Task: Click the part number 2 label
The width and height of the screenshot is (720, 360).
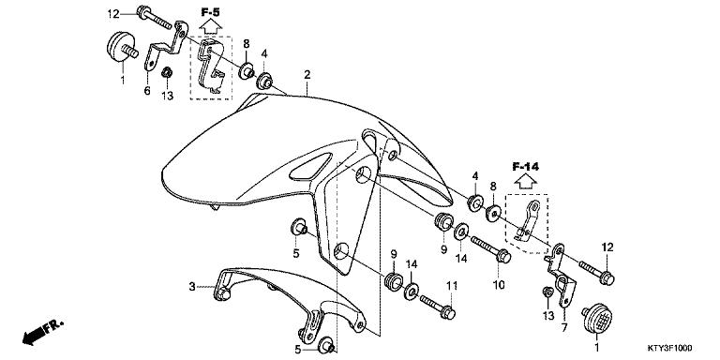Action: tap(307, 74)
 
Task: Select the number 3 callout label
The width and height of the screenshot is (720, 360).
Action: tap(192, 287)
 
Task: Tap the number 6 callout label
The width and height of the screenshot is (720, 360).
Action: tap(147, 91)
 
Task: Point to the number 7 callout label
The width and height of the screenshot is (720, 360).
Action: tap(564, 328)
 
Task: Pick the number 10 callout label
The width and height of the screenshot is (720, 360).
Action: tap(499, 283)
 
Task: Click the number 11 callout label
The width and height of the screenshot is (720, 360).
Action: tap(451, 285)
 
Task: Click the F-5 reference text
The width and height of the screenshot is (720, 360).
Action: tap(209, 11)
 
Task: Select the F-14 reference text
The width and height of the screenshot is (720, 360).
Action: tap(527, 167)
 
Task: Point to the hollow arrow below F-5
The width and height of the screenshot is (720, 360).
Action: tap(209, 29)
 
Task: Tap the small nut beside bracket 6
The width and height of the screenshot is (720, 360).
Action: tap(167, 75)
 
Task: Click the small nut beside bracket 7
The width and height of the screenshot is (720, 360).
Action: tap(547, 292)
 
